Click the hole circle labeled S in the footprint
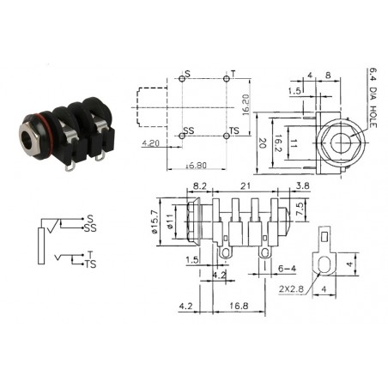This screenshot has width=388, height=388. tap(183, 78)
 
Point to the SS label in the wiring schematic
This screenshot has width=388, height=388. tap(92, 227)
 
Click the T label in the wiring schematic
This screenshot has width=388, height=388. tap(89, 254)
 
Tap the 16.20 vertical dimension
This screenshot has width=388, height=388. tap(245, 105)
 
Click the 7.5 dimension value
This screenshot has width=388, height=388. tap(300, 209)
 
